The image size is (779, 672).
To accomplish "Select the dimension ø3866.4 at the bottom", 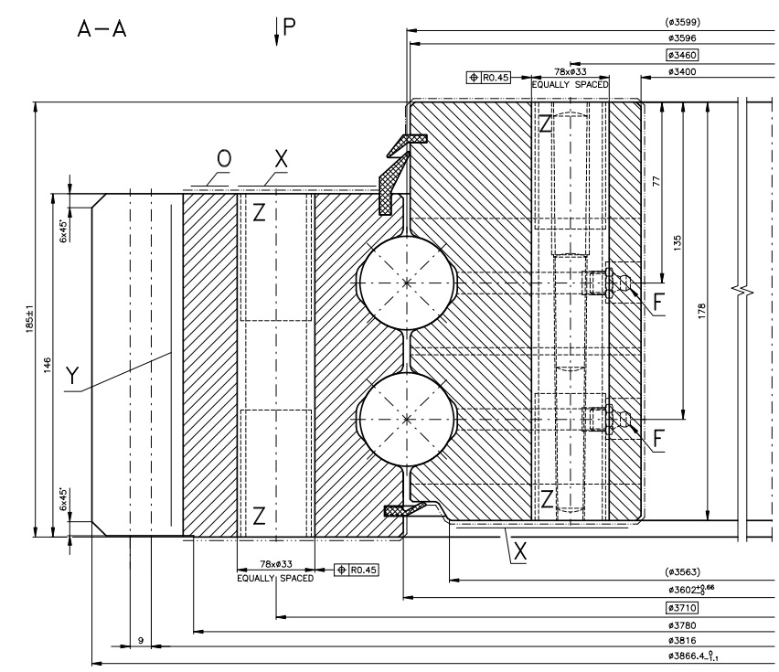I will pos(696,656).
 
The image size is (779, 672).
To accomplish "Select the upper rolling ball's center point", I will pos(407,283).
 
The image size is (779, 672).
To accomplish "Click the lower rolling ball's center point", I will pos(407,420).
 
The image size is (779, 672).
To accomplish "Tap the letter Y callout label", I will pos(72,374).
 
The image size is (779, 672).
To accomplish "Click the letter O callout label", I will pos(224,159).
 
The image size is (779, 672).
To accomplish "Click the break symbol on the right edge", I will pos(745,293).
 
